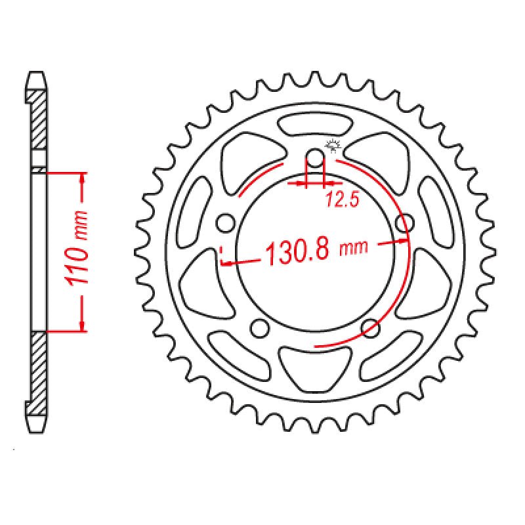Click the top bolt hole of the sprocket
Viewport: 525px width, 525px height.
point(316,158)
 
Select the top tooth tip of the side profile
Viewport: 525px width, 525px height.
point(37,73)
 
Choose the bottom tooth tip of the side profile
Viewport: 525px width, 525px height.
point(37,421)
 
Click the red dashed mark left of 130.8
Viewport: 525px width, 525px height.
point(223,257)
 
